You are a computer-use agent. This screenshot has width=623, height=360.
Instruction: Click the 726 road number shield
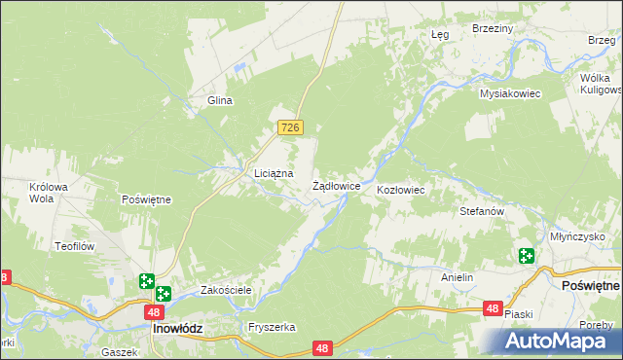pyautogui.click(x=291, y=127)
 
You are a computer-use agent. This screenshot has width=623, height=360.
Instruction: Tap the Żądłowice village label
pyautogui.click(x=337, y=185)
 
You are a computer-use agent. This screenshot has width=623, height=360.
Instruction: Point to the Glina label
pyautogui.click(x=218, y=100)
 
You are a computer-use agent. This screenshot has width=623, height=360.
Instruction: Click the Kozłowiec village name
pyautogui.click(x=400, y=190)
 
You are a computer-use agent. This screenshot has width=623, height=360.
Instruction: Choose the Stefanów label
pyautogui.click(x=481, y=210)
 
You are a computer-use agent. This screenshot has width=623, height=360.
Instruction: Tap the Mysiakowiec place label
pyautogui.click(x=509, y=93)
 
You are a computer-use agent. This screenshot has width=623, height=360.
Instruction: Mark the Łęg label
pyautogui.click(x=439, y=34)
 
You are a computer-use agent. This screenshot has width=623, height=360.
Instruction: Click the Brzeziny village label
pyautogui.click(x=492, y=29)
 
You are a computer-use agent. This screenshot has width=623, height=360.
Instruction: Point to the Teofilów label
pyautogui.click(x=73, y=247)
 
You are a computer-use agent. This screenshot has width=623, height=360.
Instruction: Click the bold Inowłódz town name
pyautogui.click(x=177, y=329)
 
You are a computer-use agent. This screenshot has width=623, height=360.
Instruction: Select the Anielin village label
pyautogui.click(x=457, y=277)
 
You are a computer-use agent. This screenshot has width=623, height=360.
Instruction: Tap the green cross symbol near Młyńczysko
pyautogui.click(x=527, y=257)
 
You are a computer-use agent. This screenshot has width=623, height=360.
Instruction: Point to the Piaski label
pyautogui.click(x=519, y=313)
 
